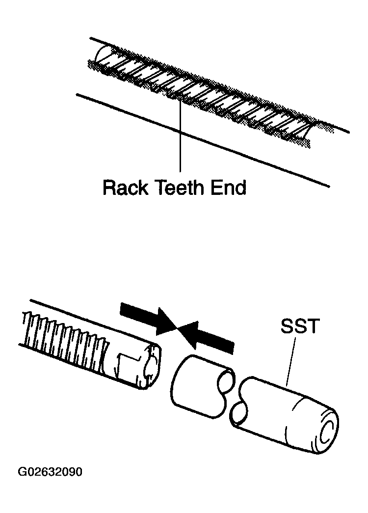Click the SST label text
[x=299, y=326]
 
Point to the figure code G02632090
[x=50, y=472]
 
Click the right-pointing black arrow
[x=148, y=320]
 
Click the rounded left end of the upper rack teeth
[x=100, y=57]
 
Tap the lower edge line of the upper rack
[x=203, y=141]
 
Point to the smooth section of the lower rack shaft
[x=124, y=360]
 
